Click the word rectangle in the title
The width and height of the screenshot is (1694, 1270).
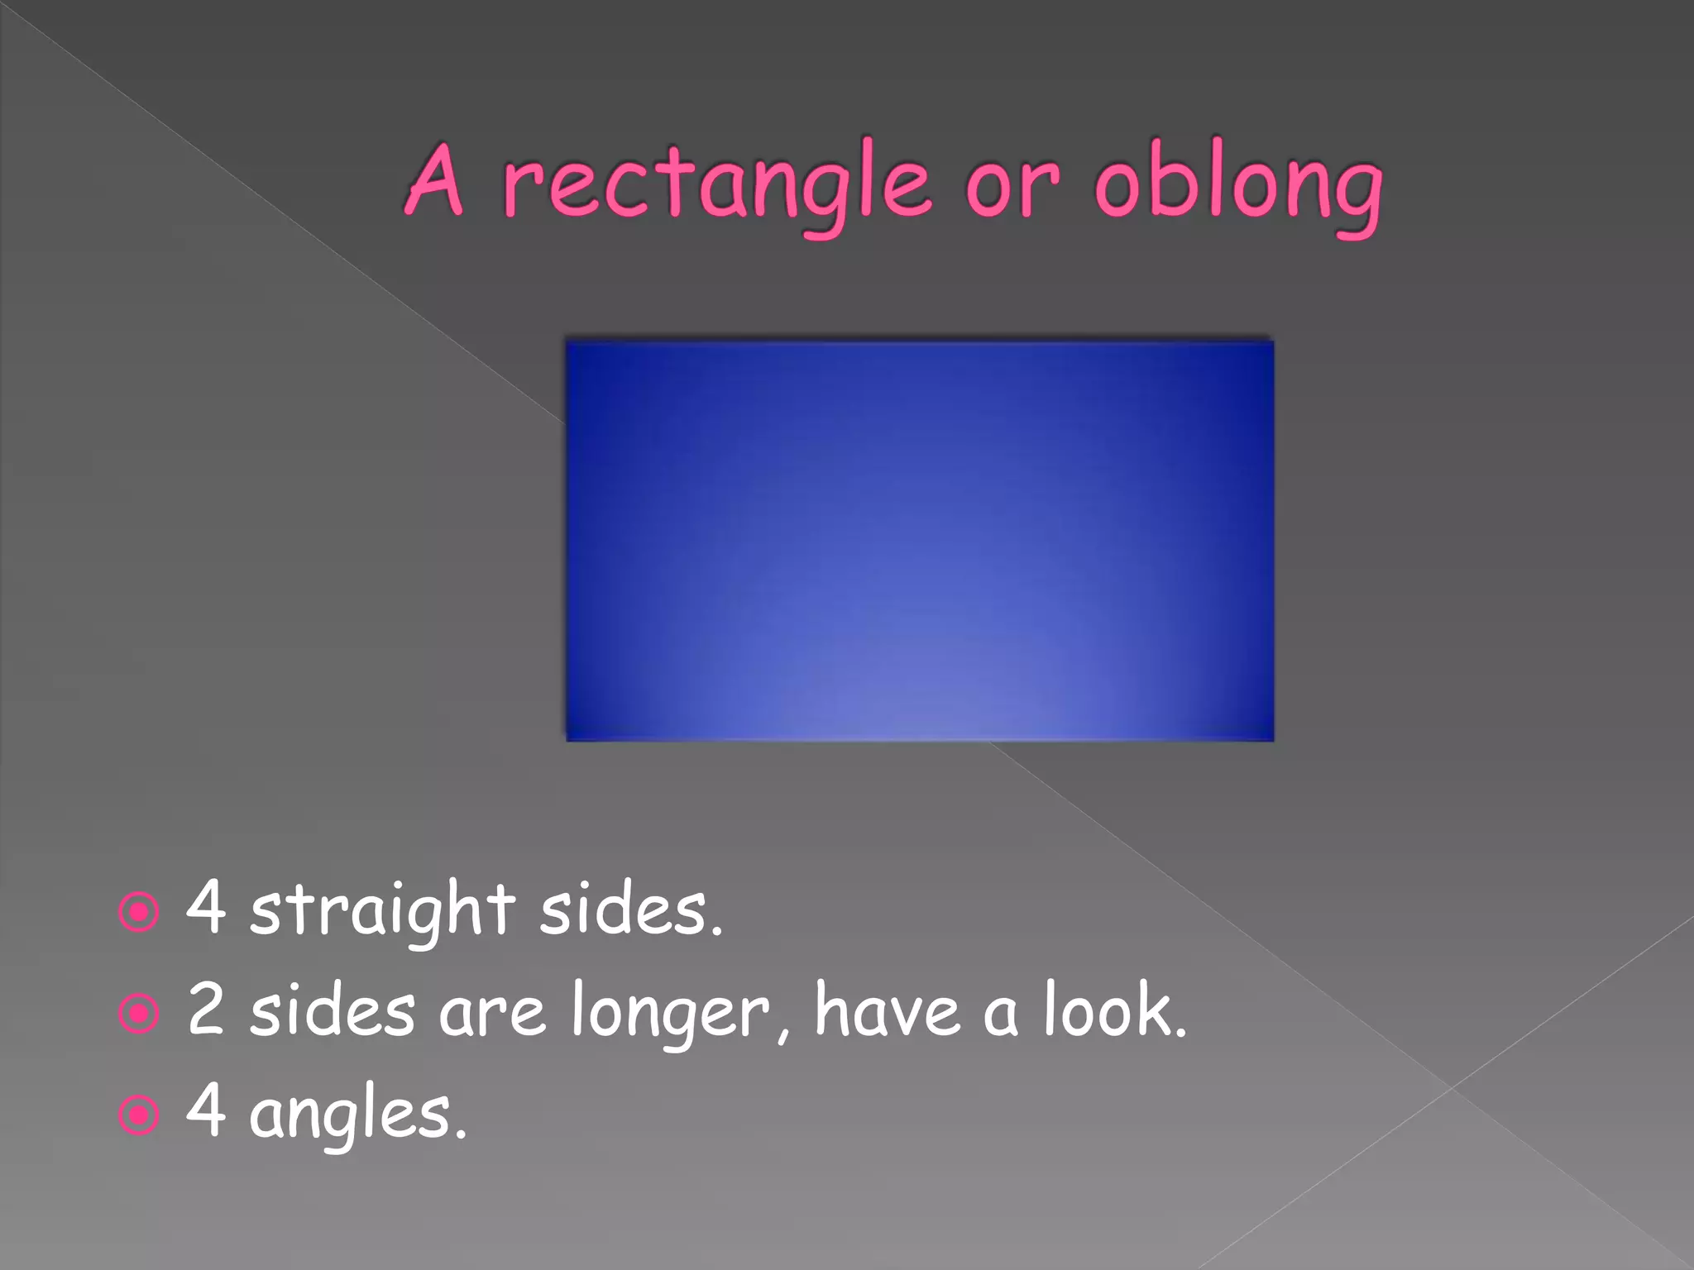(x=715, y=184)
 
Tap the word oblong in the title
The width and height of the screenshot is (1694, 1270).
(x=1238, y=184)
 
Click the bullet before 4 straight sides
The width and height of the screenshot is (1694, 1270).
(x=139, y=912)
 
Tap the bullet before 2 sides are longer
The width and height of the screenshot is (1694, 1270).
(x=139, y=1014)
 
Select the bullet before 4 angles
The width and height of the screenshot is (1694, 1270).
(x=139, y=1115)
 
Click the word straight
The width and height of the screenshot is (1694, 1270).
(x=382, y=910)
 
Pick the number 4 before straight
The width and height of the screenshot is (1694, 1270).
(x=206, y=907)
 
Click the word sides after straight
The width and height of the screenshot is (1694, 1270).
(x=630, y=909)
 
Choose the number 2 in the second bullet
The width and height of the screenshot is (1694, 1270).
(x=206, y=1009)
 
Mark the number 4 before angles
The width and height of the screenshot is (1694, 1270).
(x=206, y=1110)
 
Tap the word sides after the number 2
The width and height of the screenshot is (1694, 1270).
(x=332, y=1010)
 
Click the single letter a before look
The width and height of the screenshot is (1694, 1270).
(x=999, y=1015)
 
